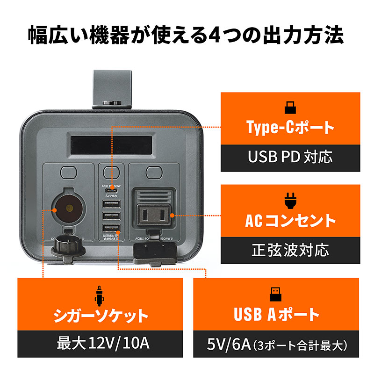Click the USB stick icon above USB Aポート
click(276, 293)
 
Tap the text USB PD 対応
click(290, 157)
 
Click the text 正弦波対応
click(290, 250)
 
